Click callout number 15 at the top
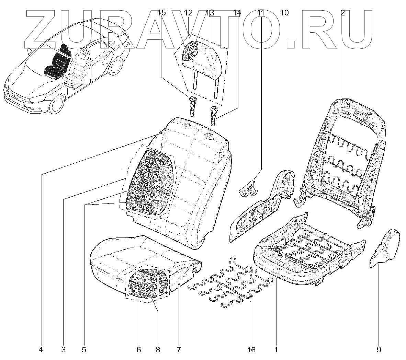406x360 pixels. [x=161, y=13]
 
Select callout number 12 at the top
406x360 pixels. [x=188, y=13]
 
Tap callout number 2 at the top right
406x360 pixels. [x=342, y=13]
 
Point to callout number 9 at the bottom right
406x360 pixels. [x=379, y=350]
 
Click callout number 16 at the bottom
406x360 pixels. [x=251, y=350]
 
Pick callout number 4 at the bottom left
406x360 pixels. [x=41, y=350]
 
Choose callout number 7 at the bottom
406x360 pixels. [x=179, y=350]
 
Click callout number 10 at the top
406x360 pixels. [x=284, y=13]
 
